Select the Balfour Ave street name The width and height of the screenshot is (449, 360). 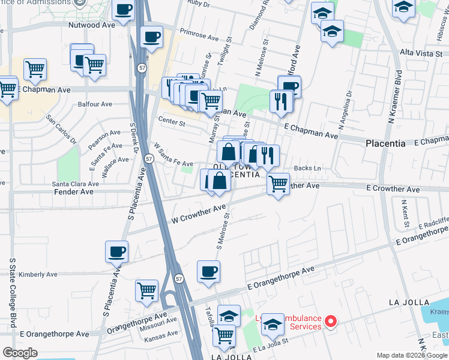(95, 104)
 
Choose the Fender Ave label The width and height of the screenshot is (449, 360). (74, 192)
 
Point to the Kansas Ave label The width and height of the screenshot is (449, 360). (162, 334)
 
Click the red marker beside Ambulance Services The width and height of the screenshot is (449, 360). (330, 322)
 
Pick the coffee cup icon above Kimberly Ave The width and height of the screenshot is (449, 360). (116, 251)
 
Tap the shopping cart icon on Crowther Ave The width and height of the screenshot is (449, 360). (278, 184)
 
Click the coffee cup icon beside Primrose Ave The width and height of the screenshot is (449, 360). (151, 37)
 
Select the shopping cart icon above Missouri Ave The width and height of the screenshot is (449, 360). (146, 291)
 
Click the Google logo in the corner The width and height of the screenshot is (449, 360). (20, 353)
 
